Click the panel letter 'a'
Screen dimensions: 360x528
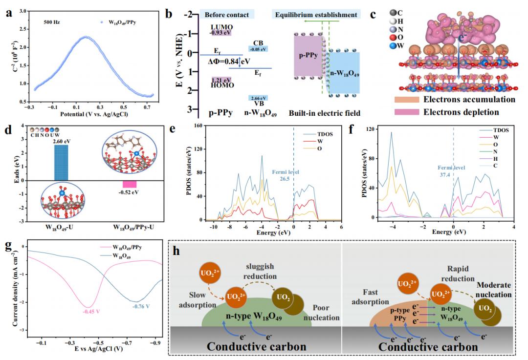(8, 13)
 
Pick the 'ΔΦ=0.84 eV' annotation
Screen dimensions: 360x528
(228, 62)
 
